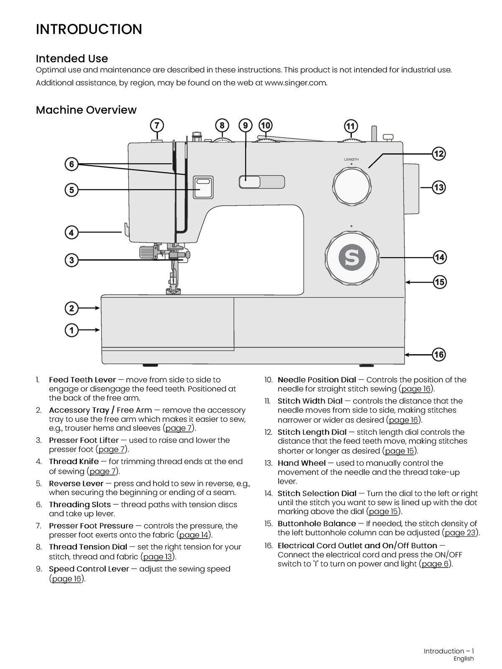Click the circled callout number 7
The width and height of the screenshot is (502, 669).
(x=157, y=125)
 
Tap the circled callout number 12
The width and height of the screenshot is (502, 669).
(x=438, y=153)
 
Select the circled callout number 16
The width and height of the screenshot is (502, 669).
(x=439, y=355)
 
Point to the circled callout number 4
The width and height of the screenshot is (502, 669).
(x=72, y=233)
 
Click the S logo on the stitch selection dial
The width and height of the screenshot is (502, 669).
(x=352, y=257)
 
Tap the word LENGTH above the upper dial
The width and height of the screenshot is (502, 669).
(x=351, y=159)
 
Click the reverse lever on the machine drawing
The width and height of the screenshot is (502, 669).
(x=203, y=187)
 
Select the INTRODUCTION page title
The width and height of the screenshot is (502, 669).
(x=89, y=29)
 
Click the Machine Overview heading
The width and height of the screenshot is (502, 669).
(x=86, y=110)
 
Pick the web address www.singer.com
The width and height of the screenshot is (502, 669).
(x=296, y=83)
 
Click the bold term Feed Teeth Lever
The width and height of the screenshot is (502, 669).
(x=82, y=380)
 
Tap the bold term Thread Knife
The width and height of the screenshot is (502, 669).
(x=74, y=462)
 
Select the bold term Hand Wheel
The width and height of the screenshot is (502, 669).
(x=302, y=463)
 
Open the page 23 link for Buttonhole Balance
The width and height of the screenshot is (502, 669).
(x=460, y=533)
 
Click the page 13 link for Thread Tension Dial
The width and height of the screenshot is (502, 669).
(x=158, y=557)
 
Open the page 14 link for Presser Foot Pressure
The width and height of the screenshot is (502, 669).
(x=194, y=535)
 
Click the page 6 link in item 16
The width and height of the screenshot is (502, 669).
(x=435, y=564)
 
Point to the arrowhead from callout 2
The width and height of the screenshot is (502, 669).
(x=97, y=308)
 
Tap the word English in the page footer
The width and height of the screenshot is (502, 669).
(x=464, y=658)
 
